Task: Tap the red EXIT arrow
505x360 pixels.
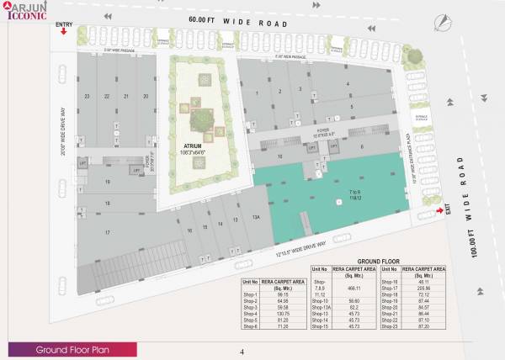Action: pyautogui.click(x=440, y=210)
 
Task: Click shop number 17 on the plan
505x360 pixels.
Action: pyautogui.click(x=108, y=232)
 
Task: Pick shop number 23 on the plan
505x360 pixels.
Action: pyautogui.click(x=88, y=96)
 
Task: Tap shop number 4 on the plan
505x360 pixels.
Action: pyautogui.click(x=348, y=84)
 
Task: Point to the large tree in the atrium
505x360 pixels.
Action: pyautogui.click(x=201, y=120)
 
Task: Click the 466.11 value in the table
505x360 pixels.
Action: pyautogui.click(x=354, y=287)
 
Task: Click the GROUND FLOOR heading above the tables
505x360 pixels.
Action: pyautogui.click(x=379, y=262)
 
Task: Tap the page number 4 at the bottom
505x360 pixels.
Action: pyautogui.click(x=242, y=351)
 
